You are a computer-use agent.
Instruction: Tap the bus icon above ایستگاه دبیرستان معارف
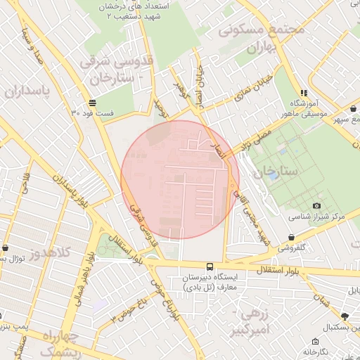point(209,266)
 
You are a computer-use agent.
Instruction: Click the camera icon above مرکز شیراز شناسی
point(316,205)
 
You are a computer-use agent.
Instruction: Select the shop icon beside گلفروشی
point(291,237)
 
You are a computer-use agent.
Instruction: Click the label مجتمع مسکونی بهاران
point(262,39)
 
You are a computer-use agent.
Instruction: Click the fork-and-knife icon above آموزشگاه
point(304,92)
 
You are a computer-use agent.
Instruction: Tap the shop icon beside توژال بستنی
point(6,248)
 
